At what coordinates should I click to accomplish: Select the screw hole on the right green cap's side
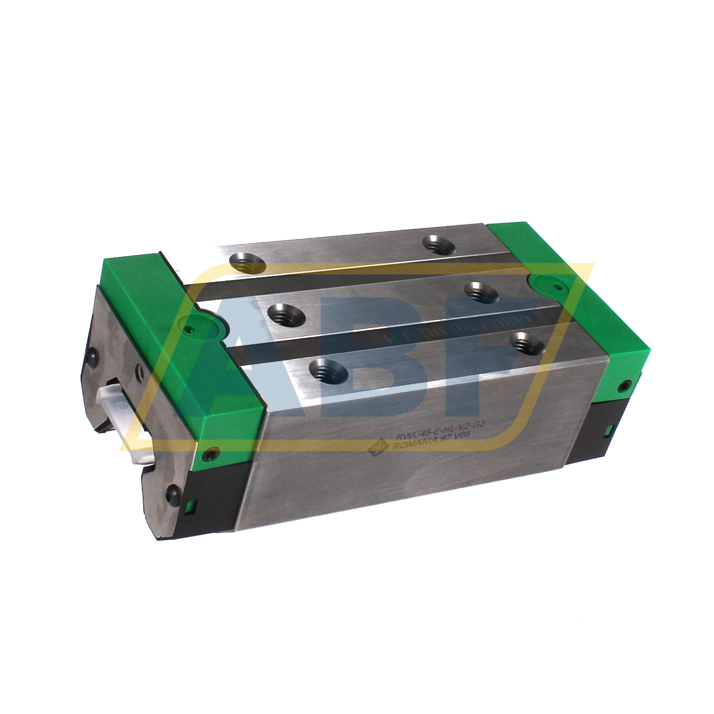click(628, 385)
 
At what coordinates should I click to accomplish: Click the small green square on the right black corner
click(608, 431)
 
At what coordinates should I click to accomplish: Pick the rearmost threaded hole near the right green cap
click(439, 246)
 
